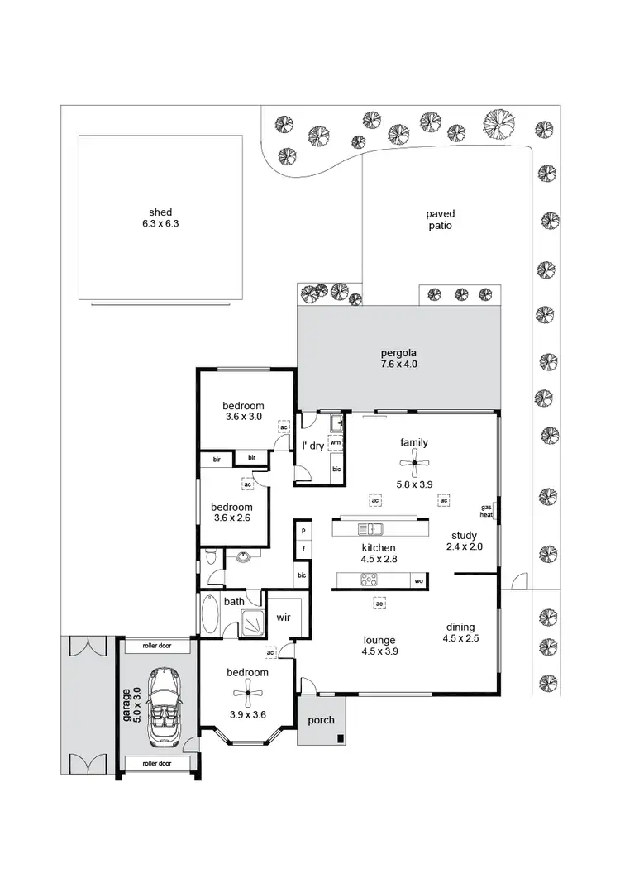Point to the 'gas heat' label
(x=486, y=511)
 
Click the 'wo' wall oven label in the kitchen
(x=419, y=581)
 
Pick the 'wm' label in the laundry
(x=335, y=443)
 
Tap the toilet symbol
(x=210, y=557)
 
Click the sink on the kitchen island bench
(x=369, y=528)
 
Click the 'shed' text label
(x=160, y=212)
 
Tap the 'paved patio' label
(x=440, y=219)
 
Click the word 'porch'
(x=321, y=719)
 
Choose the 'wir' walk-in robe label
(x=282, y=618)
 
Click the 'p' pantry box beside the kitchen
(x=303, y=530)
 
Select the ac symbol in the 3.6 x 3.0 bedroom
(x=284, y=427)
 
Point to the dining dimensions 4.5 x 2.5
(x=460, y=637)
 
